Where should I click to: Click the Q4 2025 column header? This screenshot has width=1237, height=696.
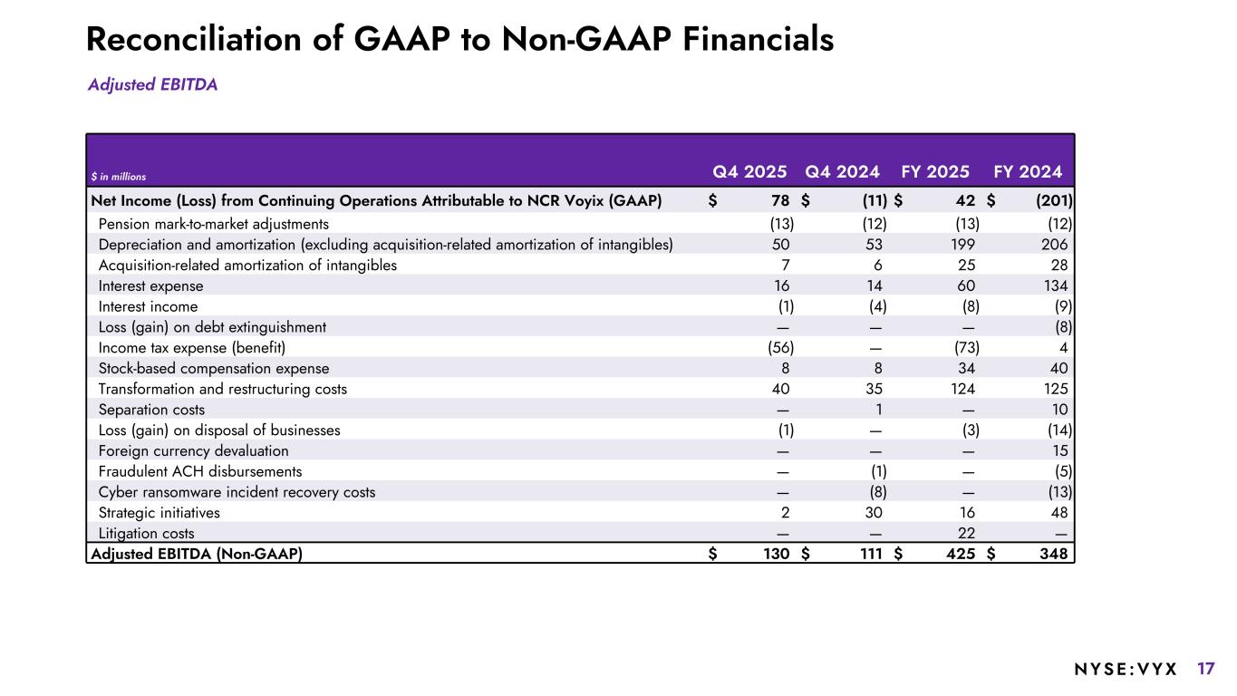pyautogui.click(x=750, y=172)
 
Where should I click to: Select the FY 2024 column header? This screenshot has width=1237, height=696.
pyautogui.click(x=1028, y=172)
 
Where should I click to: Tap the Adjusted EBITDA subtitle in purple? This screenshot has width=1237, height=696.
pyautogui.click(x=152, y=84)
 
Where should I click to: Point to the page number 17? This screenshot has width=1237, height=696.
pyautogui.click(x=1205, y=669)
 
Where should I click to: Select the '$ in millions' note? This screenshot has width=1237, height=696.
pyautogui.click(x=118, y=177)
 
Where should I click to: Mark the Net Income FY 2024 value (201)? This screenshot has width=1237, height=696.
pyautogui.click(x=1054, y=200)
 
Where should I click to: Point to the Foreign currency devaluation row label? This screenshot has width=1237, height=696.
pyautogui.click(x=193, y=450)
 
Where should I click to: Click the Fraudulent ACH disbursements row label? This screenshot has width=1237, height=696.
pyautogui.click(x=200, y=471)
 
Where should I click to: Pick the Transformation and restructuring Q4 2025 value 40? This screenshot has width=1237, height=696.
pyautogui.click(x=780, y=389)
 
